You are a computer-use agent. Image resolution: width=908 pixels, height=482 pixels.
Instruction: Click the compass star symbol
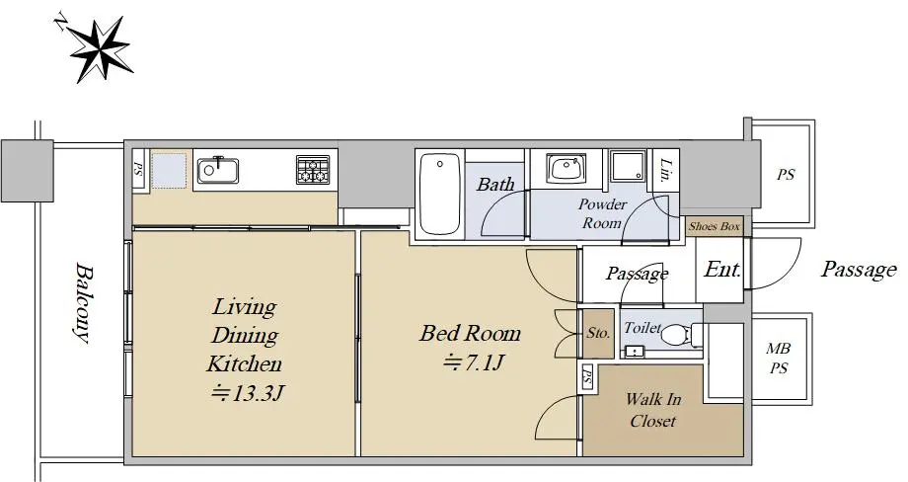(x=100, y=50)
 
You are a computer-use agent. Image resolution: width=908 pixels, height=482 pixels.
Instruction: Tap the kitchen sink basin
(x=218, y=170)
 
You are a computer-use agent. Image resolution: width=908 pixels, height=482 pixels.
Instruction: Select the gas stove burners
(x=313, y=170)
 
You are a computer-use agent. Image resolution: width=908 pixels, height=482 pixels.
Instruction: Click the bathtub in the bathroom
(x=439, y=194)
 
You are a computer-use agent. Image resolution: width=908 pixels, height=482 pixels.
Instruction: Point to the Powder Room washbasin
(x=566, y=169)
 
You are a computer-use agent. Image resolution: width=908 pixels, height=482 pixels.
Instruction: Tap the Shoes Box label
(x=714, y=226)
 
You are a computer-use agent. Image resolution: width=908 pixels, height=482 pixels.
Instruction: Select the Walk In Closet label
(x=653, y=410)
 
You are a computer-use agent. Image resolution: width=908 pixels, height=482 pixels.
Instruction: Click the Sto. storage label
(x=598, y=333)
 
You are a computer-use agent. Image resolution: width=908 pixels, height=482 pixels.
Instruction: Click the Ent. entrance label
(x=722, y=270)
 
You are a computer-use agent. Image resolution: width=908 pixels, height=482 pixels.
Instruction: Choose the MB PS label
(x=779, y=358)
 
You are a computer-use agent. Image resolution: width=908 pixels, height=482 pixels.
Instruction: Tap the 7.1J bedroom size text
(x=473, y=362)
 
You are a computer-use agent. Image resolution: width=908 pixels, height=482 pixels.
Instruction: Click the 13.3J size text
(x=247, y=394)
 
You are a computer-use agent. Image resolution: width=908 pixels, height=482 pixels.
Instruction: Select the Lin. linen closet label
(x=666, y=170)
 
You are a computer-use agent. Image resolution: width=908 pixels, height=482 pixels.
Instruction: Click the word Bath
(x=495, y=185)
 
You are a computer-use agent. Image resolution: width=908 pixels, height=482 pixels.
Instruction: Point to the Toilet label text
(x=643, y=328)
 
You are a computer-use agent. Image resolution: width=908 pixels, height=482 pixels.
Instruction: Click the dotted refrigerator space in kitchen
(x=169, y=170)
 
